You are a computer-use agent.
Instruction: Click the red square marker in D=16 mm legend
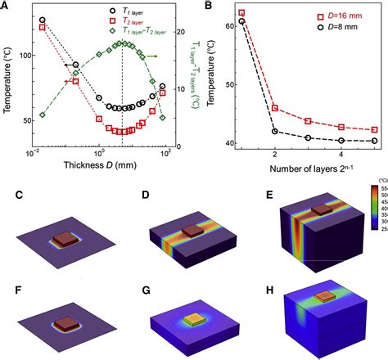309,16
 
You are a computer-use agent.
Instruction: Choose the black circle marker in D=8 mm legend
309,28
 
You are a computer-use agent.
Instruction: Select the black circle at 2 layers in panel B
275,131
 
